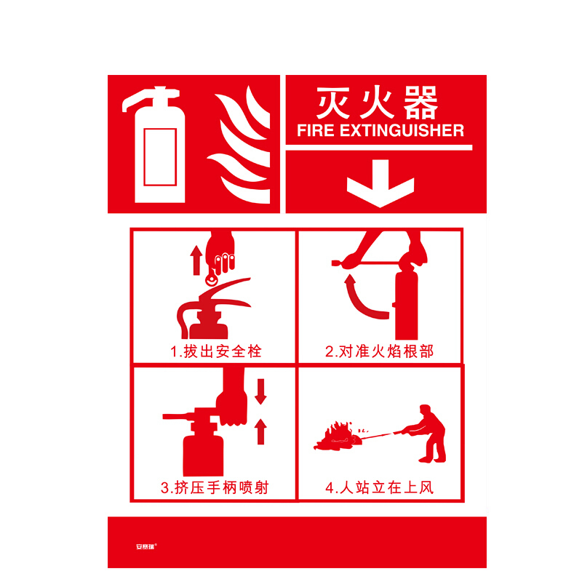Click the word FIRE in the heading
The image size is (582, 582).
pyautogui.click(x=316, y=131)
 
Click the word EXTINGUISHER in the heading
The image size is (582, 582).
pyautogui.click(x=402, y=131)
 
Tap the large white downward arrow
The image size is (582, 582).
pyautogui.click(x=380, y=183)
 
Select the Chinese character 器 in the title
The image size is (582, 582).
pyautogui.click(x=420, y=103)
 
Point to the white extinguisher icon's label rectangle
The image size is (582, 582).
pyautogui.click(x=160, y=156)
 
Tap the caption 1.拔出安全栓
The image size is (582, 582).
pyautogui.click(x=216, y=351)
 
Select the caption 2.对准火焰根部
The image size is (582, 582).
pyautogui.click(x=379, y=351)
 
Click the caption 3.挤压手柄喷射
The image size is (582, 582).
pyautogui.click(x=215, y=487)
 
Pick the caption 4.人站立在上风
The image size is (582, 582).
pyautogui.click(x=379, y=487)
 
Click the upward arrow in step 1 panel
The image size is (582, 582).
pyautogui.click(x=196, y=260)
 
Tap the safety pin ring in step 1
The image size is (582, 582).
pyautogui.click(x=212, y=279)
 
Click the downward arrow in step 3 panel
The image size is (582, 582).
pyautogui.click(x=261, y=391)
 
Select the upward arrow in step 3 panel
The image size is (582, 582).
pyautogui.click(x=261, y=431)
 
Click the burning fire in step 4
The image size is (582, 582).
pyautogui.click(x=338, y=437)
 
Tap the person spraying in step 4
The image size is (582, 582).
pyautogui.click(x=427, y=433)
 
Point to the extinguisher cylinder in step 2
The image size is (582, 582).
pyautogui.click(x=407, y=301)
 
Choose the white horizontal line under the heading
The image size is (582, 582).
pyautogui.click(x=379, y=148)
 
